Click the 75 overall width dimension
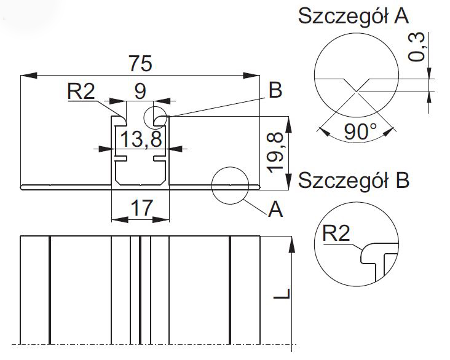coord(140,63)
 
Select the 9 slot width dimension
coord(140,92)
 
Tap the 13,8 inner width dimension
coord(140,139)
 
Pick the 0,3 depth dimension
coord(418,47)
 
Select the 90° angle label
coord(360,131)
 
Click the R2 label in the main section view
coord(81,92)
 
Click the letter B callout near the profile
coord(274,91)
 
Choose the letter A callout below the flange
coord(275,210)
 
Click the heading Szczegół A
coord(353,17)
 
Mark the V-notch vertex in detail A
coord(355,92)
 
